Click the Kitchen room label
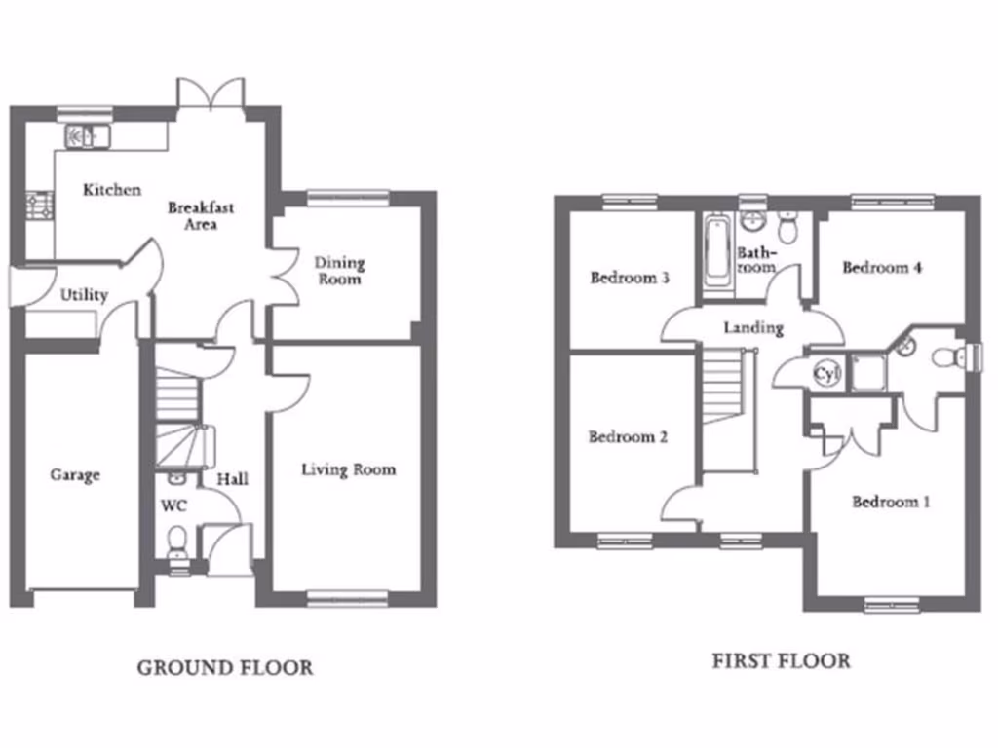111,190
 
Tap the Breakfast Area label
201,216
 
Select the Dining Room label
339,271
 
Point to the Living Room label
348,470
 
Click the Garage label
75,475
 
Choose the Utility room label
84,295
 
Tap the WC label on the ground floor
173,506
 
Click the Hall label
232,479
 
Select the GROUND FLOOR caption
225,668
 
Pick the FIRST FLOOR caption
781,661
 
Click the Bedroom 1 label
890,503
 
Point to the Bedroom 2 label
628,437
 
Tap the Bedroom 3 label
630,278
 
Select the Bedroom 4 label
882,268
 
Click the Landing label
753,328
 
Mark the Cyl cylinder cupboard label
825,372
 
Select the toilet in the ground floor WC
176,542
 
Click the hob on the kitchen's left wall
39,205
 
